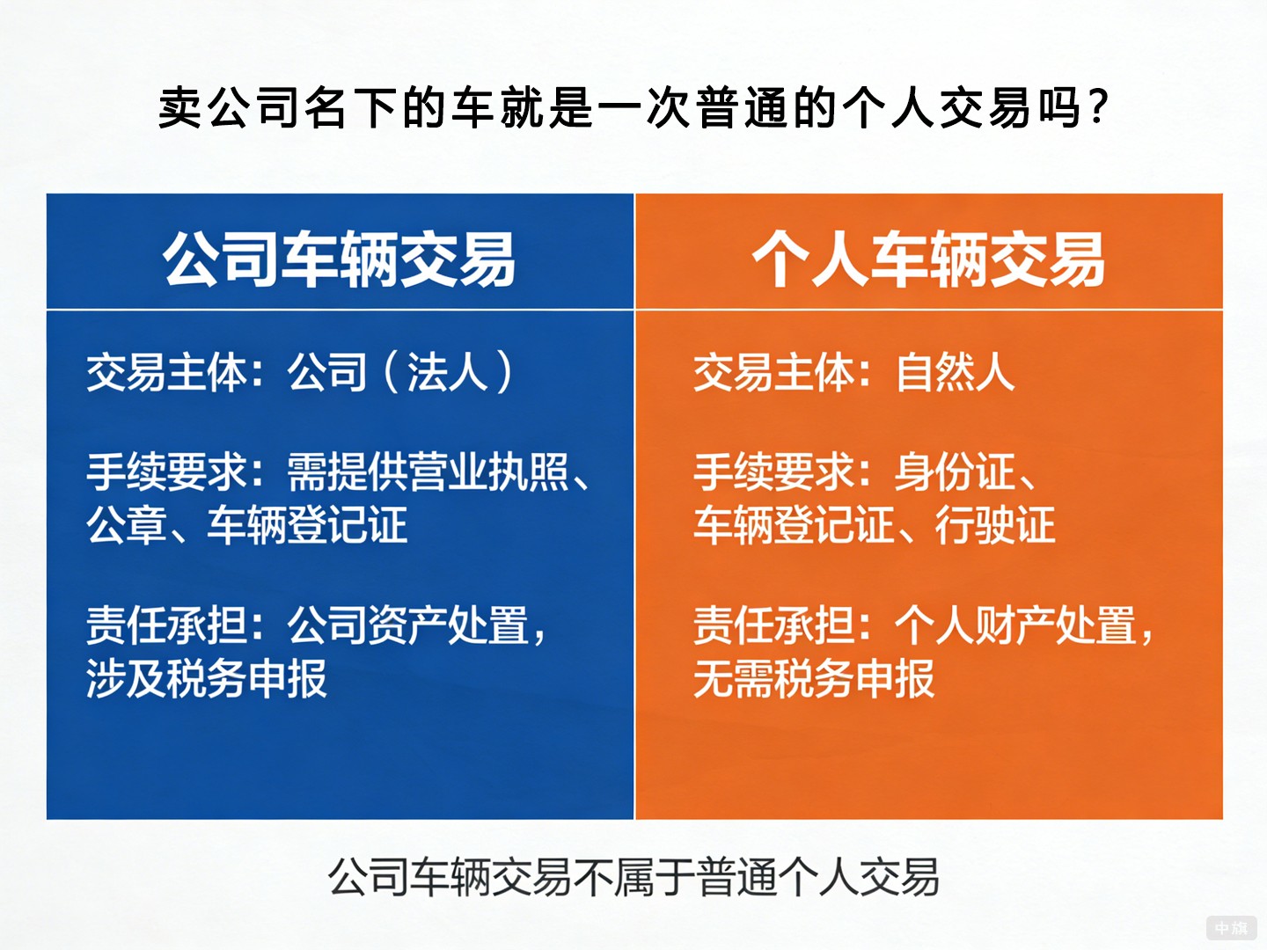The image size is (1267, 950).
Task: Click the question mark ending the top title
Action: [x=1097, y=109]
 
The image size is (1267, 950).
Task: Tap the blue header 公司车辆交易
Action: [x=339, y=259]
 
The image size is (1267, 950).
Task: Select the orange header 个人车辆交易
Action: [x=928, y=259]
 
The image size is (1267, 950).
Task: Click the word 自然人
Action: [x=955, y=371]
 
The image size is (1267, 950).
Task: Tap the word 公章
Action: [x=126, y=525]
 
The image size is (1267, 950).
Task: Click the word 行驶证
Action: [x=995, y=525]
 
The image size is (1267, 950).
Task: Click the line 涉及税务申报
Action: [x=207, y=679]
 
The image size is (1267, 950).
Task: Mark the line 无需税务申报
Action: [x=814, y=679]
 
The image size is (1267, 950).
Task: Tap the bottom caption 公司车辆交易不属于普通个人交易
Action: [x=633, y=877]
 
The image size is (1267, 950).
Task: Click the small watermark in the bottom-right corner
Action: [x=1231, y=928]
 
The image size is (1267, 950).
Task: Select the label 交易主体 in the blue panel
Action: [x=166, y=371]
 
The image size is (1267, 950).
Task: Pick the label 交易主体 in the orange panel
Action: [x=773, y=371]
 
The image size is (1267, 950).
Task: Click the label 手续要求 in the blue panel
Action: [x=166, y=472]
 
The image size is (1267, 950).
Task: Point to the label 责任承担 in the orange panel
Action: [x=773, y=626]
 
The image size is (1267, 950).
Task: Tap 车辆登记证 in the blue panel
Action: [x=307, y=525]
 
